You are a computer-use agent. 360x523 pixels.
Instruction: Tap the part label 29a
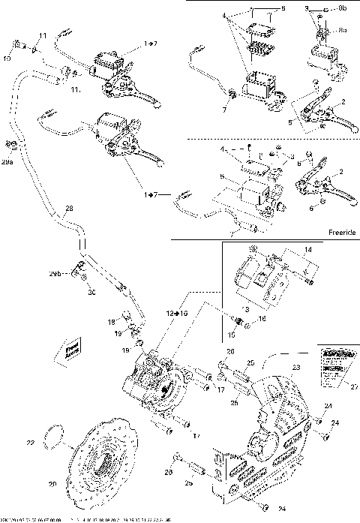pos(7,161)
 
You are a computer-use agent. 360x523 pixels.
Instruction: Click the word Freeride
pos(340,233)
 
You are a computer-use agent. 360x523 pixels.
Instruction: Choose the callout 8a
pos(343,30)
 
